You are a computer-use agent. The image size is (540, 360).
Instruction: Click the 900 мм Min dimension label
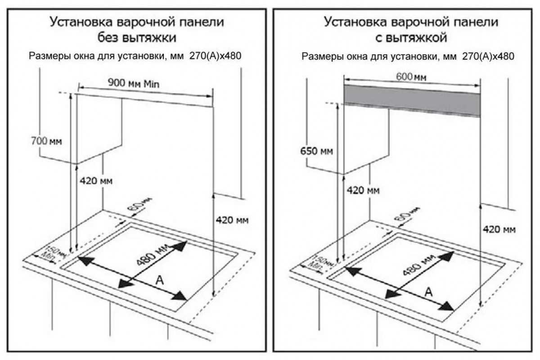coord(134,83)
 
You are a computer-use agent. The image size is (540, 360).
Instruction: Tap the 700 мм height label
coord(46,141)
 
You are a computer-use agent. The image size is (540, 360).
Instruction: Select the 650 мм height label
coord(316,151)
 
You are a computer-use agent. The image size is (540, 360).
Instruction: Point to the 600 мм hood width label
coord(411,77)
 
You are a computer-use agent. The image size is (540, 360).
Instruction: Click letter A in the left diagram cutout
coord(160,280)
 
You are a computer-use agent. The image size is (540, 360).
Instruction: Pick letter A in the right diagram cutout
coord(428,292)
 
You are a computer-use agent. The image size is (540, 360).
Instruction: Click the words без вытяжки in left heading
coord(137,38)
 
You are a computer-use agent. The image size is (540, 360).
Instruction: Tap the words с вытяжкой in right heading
coord(411,38)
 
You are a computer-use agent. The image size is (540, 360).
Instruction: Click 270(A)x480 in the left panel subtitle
coord(215,56)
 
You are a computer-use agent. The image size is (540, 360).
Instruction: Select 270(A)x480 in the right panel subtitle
coord(488,56)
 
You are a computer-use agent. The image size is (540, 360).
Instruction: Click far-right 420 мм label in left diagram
coord(232,220)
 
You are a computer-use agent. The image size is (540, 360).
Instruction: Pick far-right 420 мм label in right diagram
coord(499,229)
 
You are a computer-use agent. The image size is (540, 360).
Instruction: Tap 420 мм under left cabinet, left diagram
coord(96,180)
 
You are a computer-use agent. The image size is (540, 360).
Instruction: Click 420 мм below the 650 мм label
coord(363,190)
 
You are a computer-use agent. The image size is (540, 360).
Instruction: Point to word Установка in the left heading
coord(81,22)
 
